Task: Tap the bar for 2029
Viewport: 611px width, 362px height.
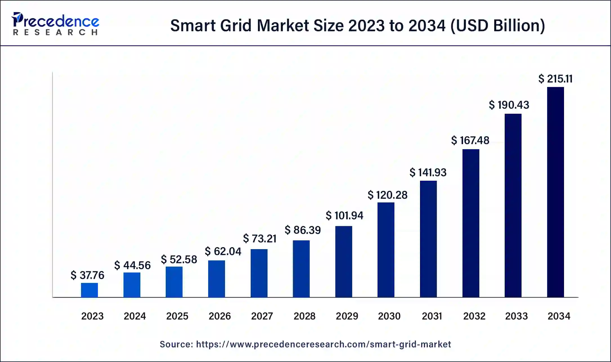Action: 343,262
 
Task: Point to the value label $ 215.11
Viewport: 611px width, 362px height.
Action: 555,79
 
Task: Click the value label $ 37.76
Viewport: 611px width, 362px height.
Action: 87,275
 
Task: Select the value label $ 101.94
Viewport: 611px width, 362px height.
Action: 344,216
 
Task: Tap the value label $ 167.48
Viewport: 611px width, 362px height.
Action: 470,140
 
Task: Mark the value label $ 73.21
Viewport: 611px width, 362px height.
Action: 260,239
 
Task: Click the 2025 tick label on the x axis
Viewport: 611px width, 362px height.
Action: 177,316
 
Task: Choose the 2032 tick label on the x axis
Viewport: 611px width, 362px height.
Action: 474,316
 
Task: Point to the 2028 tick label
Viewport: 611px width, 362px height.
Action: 304,316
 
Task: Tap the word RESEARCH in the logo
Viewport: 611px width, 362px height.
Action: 55,32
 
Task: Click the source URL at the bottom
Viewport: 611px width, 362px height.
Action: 323,344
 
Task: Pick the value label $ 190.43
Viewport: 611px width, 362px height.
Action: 509,105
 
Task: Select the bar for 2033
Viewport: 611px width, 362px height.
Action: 513,205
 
